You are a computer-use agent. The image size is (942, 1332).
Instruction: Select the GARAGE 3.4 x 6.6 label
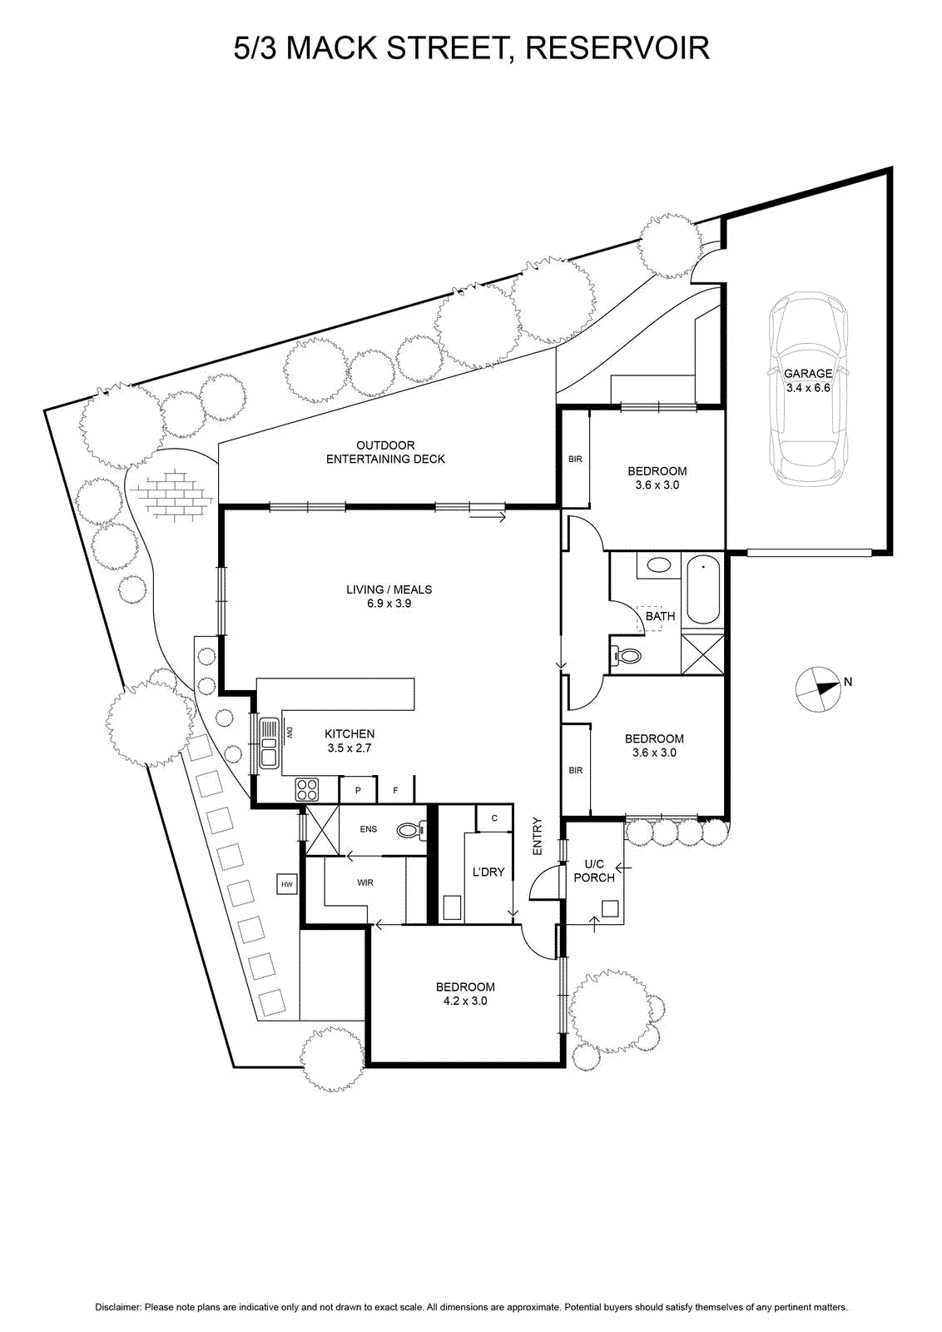click(x=808, y=380)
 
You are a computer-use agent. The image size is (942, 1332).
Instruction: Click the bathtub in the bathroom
click(x=703, y=589)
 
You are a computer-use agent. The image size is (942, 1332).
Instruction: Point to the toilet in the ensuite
click(x=411, y=829)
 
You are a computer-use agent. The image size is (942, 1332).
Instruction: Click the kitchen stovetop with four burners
click(x=307, y=789)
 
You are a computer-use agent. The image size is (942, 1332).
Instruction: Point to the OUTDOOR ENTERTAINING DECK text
click(x=386, y=452)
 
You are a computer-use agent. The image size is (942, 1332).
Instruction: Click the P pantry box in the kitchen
click(x=358, y=790)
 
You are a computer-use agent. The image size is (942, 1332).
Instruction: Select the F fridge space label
click(x=396, y=791)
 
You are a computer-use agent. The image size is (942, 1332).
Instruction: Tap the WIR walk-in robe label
click(x=365, y=883)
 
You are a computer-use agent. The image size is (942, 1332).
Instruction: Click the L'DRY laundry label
click(x=488, y=872)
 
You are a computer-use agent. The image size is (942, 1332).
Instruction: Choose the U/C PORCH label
click(x=594, y=871)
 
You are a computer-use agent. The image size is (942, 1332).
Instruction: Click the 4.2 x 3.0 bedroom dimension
click(x=465, y=1001)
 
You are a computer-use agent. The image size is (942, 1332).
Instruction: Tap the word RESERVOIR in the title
click(x=617, y=48)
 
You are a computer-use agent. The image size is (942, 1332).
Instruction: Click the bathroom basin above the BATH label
click(x=658, y=564)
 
